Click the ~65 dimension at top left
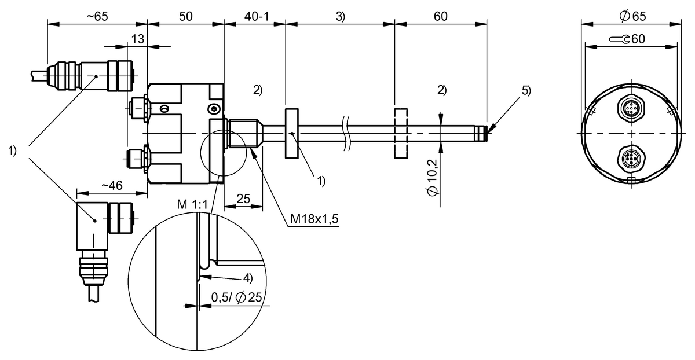click(97, 17)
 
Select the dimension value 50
click(185, 17)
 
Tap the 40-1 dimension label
click(255, 17)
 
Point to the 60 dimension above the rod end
click(440, 17)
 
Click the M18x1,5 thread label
click(314, 220)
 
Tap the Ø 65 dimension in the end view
click(632, 17)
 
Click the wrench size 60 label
click(631, 39)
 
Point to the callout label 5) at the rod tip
click(525, 90)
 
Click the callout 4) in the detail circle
click(247, 278)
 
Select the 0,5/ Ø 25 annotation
click(237, 297)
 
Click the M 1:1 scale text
click(194, 204)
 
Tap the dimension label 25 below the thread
click(243, 199)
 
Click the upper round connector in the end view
click(631, 109)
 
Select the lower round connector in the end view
click(631, 157)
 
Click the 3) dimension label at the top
click(340, 17)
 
